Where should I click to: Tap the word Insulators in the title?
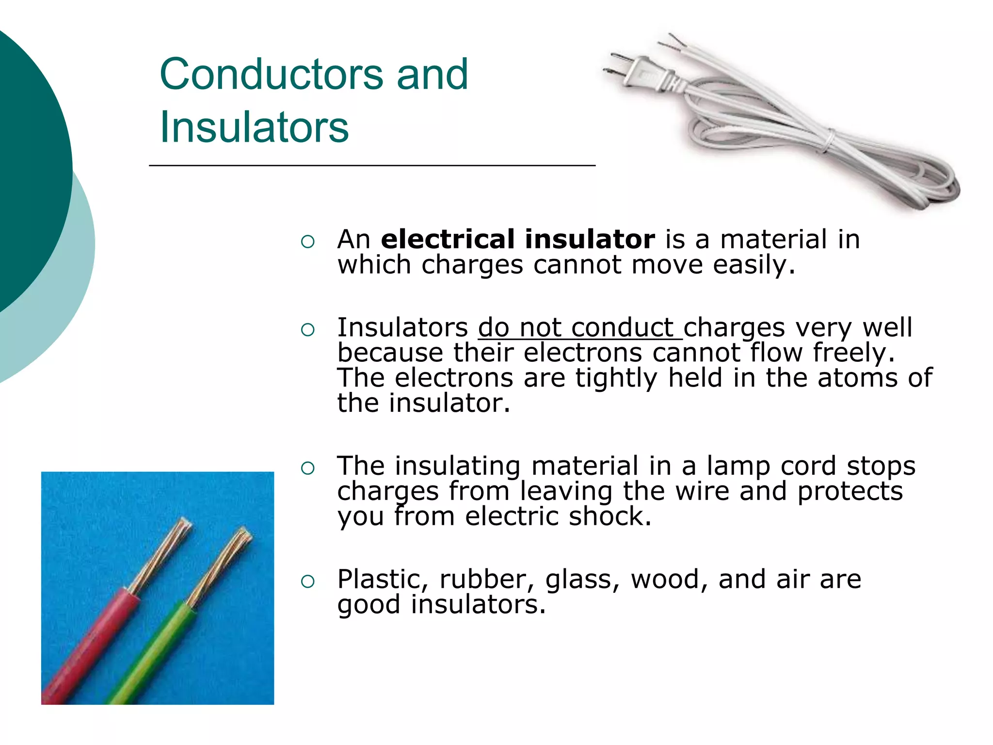254,127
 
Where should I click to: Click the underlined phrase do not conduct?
580,327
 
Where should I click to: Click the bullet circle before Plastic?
308,582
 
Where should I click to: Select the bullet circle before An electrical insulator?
308,242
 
